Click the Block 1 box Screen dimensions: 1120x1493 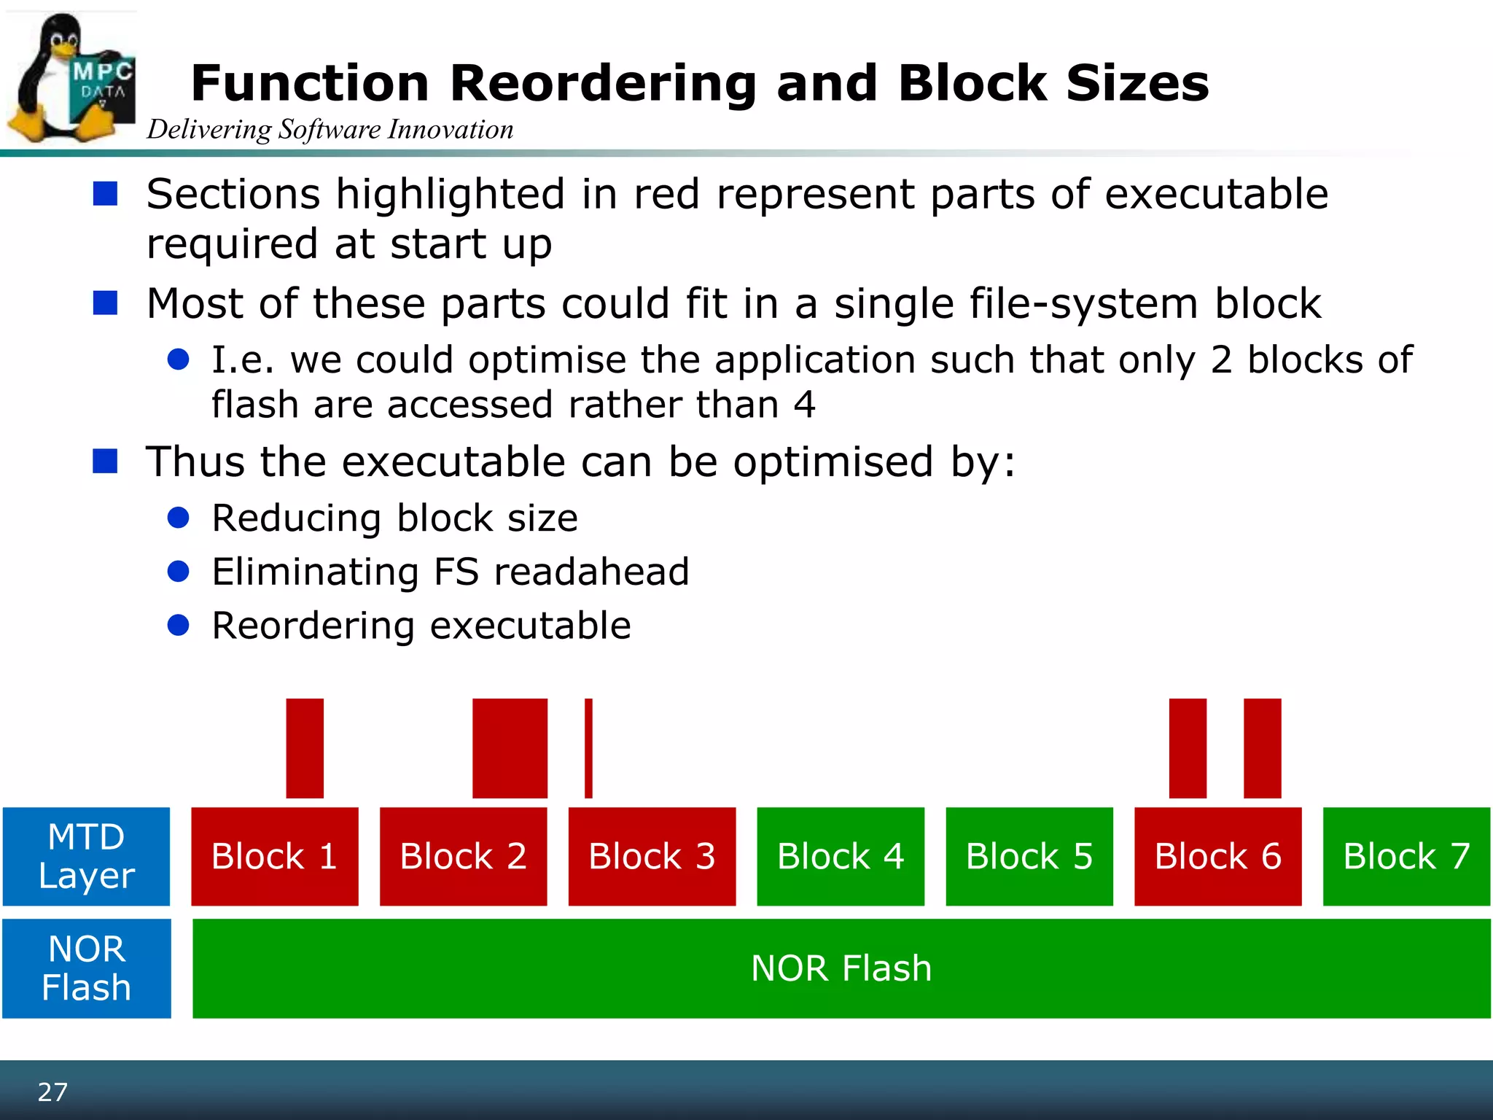coord(275,856)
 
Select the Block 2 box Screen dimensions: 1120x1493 coord(463,856)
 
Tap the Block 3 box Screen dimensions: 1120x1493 coord(652,856)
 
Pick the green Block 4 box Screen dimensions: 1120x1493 coord(841,856)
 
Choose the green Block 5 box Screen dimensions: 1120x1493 coord(1029,856)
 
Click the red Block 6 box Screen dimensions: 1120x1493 coord(1217,856)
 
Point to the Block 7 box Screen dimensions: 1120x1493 coord(1406,856)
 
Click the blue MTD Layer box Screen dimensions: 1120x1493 coord(86,856)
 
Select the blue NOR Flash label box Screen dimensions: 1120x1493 coord(86,968)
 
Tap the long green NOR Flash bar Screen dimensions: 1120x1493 coord(841,968)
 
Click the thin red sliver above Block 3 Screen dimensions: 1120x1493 coord(588,748)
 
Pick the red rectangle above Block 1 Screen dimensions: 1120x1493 coord(305,748)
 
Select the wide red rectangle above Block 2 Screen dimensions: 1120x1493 coord(510,748)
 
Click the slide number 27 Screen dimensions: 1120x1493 coord(52,1092)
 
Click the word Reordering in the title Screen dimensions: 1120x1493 coord(604,83)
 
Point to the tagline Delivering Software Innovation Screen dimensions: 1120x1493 coord(330,130)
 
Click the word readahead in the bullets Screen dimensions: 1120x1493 coord(591,572)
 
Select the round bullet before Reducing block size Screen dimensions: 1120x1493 coord(179,518)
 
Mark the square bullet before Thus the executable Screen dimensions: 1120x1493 coord(106,461)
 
